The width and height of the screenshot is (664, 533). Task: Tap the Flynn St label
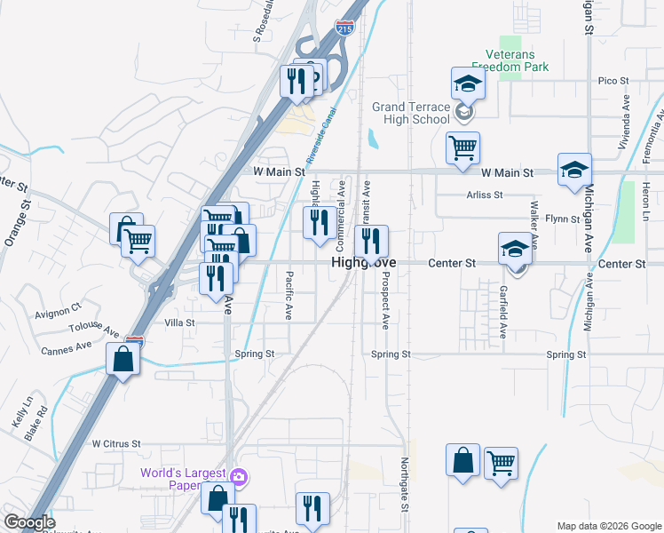click(561, 218)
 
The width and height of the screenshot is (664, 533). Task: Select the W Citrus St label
click(116, 443)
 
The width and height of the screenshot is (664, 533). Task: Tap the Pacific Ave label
click(289, 295)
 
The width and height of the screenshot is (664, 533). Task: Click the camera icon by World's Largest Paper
click(238, 477)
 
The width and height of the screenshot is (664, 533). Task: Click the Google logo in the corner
click(29, 522)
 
